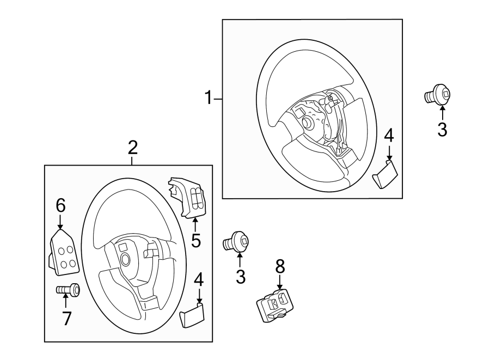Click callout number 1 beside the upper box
click(x=207, y=99)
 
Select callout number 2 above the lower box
click(x=133, y=147)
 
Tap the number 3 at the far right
click(x=442, y=130)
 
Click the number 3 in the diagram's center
click(x=241, y=277)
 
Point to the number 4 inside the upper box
click(x=388, y=135)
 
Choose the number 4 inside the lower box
click(x=199, y=280)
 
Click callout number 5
click(x=195, y=240)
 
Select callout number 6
click(x=60, y=205)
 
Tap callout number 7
click(x=66, y=318)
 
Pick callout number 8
click(x=280, y=266)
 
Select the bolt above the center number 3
click(x=237, y=241)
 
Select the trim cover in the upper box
click(x=385, y=174)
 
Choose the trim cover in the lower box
click(x=192, y=315)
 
